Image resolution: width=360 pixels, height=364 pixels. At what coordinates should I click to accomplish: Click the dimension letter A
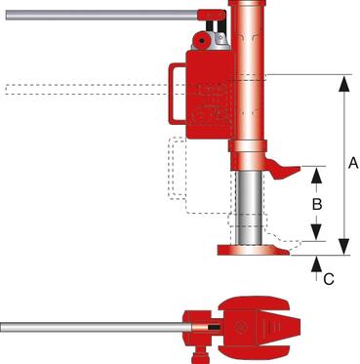click(353, 162)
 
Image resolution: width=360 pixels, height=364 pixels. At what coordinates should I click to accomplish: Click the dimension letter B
click(317, 204)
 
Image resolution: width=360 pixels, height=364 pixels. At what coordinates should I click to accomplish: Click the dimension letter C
click(329, 279)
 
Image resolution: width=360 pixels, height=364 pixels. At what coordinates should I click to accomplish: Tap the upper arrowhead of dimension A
click(344, 85)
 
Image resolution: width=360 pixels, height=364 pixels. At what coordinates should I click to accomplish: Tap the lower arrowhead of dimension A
click(344, 246)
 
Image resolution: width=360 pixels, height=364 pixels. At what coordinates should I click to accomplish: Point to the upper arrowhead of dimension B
click(316, 176)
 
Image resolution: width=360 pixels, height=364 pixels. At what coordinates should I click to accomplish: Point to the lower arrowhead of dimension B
click(316, 232)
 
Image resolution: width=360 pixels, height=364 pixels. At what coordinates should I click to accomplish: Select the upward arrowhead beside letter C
click(316, 263)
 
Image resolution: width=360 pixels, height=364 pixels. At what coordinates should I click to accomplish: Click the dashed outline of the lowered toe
click(282, 241)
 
